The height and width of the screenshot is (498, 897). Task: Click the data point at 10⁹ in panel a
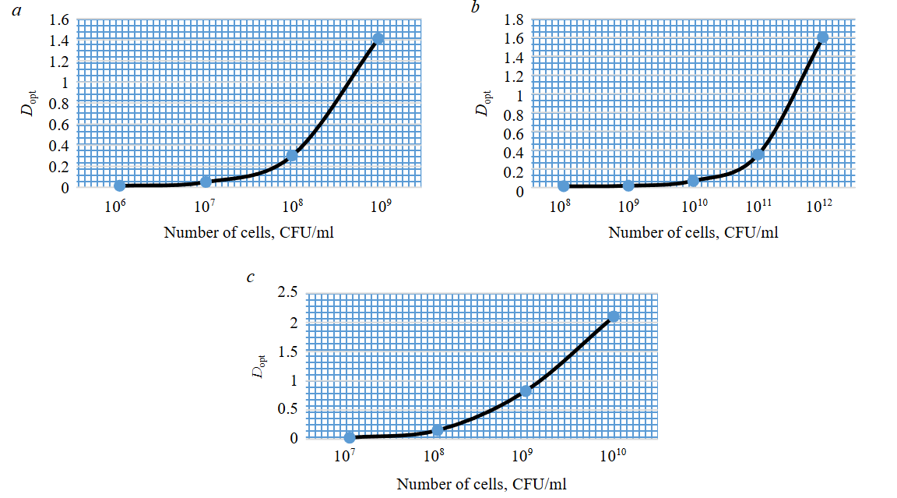(378, 38)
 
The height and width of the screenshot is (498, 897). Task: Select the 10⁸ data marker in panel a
(292, 156)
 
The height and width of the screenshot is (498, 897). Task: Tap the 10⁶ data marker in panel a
(119, 185)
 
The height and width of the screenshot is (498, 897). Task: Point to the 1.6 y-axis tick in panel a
(58, 19)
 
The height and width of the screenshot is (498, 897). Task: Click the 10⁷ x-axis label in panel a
(205, 207)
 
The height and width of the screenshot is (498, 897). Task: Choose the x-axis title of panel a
(248, 231)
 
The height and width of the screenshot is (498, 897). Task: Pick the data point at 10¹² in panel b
(822, 37)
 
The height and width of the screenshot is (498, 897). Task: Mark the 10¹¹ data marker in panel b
(758, 154)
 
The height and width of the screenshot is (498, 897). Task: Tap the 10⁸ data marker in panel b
(563, 185)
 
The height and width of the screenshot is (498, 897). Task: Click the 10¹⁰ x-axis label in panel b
(694, 207)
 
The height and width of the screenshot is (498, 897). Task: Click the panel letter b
(477, 7)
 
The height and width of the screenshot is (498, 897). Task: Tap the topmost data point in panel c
(614, 316)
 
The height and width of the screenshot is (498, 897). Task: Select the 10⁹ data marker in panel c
(526, 390)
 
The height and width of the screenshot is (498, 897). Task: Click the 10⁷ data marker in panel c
(350, 437)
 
